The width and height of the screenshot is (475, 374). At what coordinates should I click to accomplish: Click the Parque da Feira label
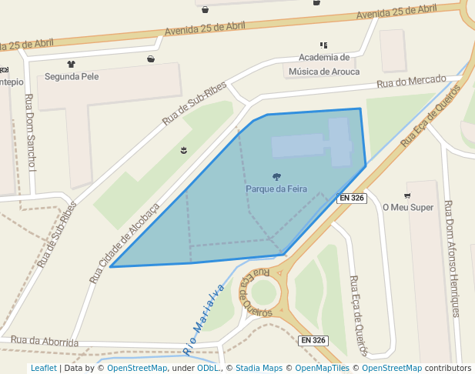tap(276, 189)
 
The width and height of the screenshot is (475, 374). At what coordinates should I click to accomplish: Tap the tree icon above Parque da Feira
tap(276, 177)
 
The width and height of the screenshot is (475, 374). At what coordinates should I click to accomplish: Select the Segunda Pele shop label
tap(72, 76)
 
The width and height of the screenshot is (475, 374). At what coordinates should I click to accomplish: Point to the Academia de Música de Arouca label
tap(324, 65)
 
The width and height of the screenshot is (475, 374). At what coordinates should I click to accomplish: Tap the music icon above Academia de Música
tap(323, 45)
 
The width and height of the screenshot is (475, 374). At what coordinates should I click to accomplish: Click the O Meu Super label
tap(408, 207)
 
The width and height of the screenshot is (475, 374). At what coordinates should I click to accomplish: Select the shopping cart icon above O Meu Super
tap(407, 195)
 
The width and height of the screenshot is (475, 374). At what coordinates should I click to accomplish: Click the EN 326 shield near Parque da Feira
tap(352, 198)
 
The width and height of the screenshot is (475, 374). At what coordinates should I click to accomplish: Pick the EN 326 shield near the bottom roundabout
tap(313, 340)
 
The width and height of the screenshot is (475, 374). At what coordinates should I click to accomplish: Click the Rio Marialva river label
tap(204, 319)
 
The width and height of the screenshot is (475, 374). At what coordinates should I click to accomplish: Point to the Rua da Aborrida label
tap(45, 340)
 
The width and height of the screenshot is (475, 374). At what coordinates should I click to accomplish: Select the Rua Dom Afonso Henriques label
tap(452, 259)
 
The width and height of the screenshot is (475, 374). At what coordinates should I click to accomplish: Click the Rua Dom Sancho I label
tap(31, 132)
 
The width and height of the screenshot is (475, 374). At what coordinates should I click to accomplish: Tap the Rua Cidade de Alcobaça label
tap(124, 242)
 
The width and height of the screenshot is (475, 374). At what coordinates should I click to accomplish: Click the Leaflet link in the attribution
tap(43, 368)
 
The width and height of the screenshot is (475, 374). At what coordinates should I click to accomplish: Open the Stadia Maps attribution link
tap(259, 368)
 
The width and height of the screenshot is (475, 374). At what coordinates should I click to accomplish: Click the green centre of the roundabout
tap(263, 292)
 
